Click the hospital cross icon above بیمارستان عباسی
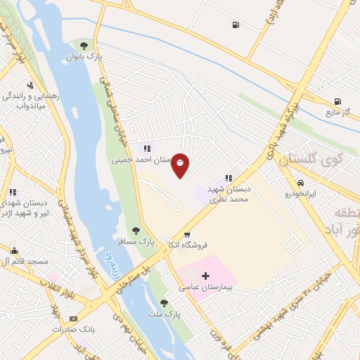pyautogui.click(x=205, y=276)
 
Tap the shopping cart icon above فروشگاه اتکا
pyautogui.click(x=186, y=235)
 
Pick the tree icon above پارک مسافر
pyautogui.click(x=136, y=230)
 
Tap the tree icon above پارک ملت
pyautogui.click(x=164, y=304)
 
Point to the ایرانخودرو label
pyautogui.click(x=301, y=193)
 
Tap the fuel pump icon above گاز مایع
pyautogui.click(x=338, y=101)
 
